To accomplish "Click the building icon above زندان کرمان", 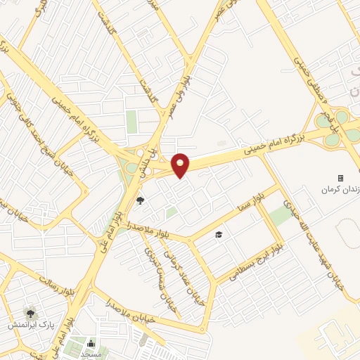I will (x=341, y=178).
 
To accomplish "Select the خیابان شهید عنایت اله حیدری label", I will (x=309, y=239).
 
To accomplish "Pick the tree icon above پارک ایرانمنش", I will (x=30, y=312).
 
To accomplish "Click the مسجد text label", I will (x=91, y=354).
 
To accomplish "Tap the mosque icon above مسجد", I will (x=91, y=343).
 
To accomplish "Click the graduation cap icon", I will (x=219, y=234).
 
